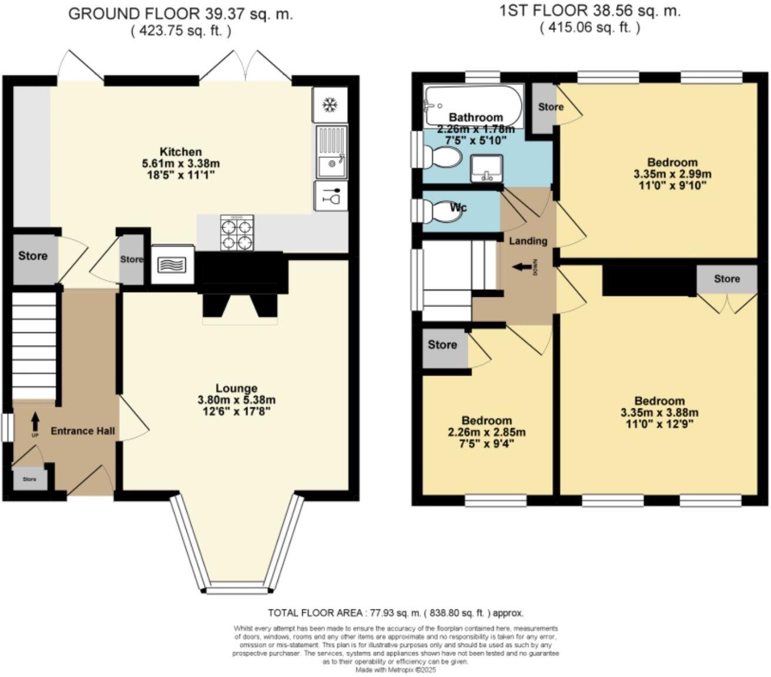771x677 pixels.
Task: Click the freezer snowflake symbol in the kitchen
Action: (x=330, y=105)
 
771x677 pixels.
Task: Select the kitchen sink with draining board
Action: (x=331, y=152)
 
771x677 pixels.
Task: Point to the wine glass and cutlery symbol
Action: (x=331, y=196)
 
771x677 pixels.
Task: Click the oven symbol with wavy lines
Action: (x=173, y=264)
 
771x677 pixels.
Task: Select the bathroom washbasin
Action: (x=486, y=167)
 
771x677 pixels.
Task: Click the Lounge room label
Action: (x=236, y=388)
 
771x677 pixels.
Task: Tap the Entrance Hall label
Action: (x=82, y=431)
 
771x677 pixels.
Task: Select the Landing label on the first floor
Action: (x=528, y=240)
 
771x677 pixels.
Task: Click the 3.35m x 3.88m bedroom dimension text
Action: (x=659, y=413)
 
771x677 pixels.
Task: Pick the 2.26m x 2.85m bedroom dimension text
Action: (x=487, y=432)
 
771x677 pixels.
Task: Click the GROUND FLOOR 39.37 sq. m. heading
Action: (x=180, y=14)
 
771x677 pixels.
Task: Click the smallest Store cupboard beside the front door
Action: (x=29, y=479)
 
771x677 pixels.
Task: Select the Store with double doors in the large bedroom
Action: (x=726, y=279)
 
